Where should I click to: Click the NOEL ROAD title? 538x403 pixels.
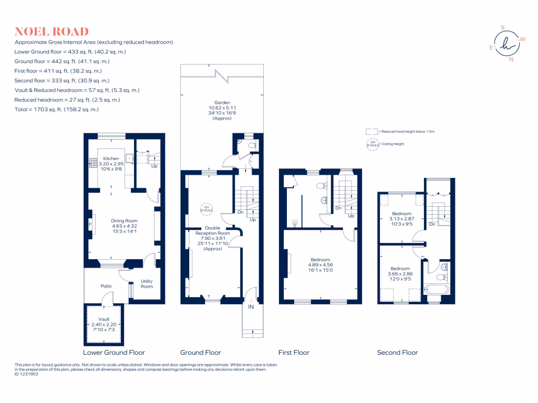click(51, 31)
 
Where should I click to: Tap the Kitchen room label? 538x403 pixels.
click(111, 158)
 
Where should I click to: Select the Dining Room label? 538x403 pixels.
click(124, 221)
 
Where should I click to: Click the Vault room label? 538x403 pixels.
click(104, 319)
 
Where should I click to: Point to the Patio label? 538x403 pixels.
click(107, 286)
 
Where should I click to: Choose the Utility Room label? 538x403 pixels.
click(147, 284)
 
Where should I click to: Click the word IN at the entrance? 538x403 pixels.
click(251, 307)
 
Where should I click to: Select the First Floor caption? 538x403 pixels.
click(294, 353)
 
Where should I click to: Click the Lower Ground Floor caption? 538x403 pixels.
click(114, 353)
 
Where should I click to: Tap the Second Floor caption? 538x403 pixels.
click(397, 353)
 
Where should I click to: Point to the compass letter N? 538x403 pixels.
click(511, 59)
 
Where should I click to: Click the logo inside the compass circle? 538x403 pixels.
click(507, 44)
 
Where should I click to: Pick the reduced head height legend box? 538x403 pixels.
click(371, 132)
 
